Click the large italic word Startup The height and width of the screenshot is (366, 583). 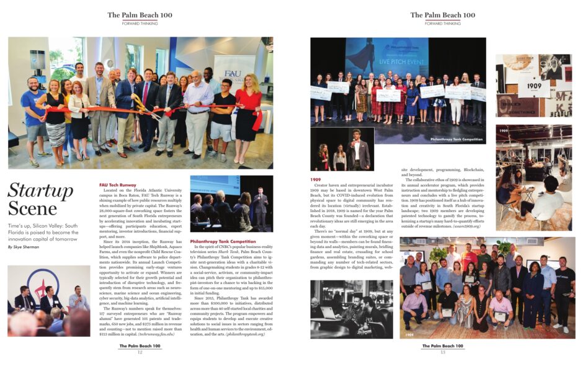40,191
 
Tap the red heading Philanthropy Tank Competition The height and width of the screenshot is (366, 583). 223,241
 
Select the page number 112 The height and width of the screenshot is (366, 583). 141,352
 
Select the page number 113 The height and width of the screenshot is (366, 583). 443,352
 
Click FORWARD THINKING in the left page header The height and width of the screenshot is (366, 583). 141,24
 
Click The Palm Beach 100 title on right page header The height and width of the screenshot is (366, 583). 443,15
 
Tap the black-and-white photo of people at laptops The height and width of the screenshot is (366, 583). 351,309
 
